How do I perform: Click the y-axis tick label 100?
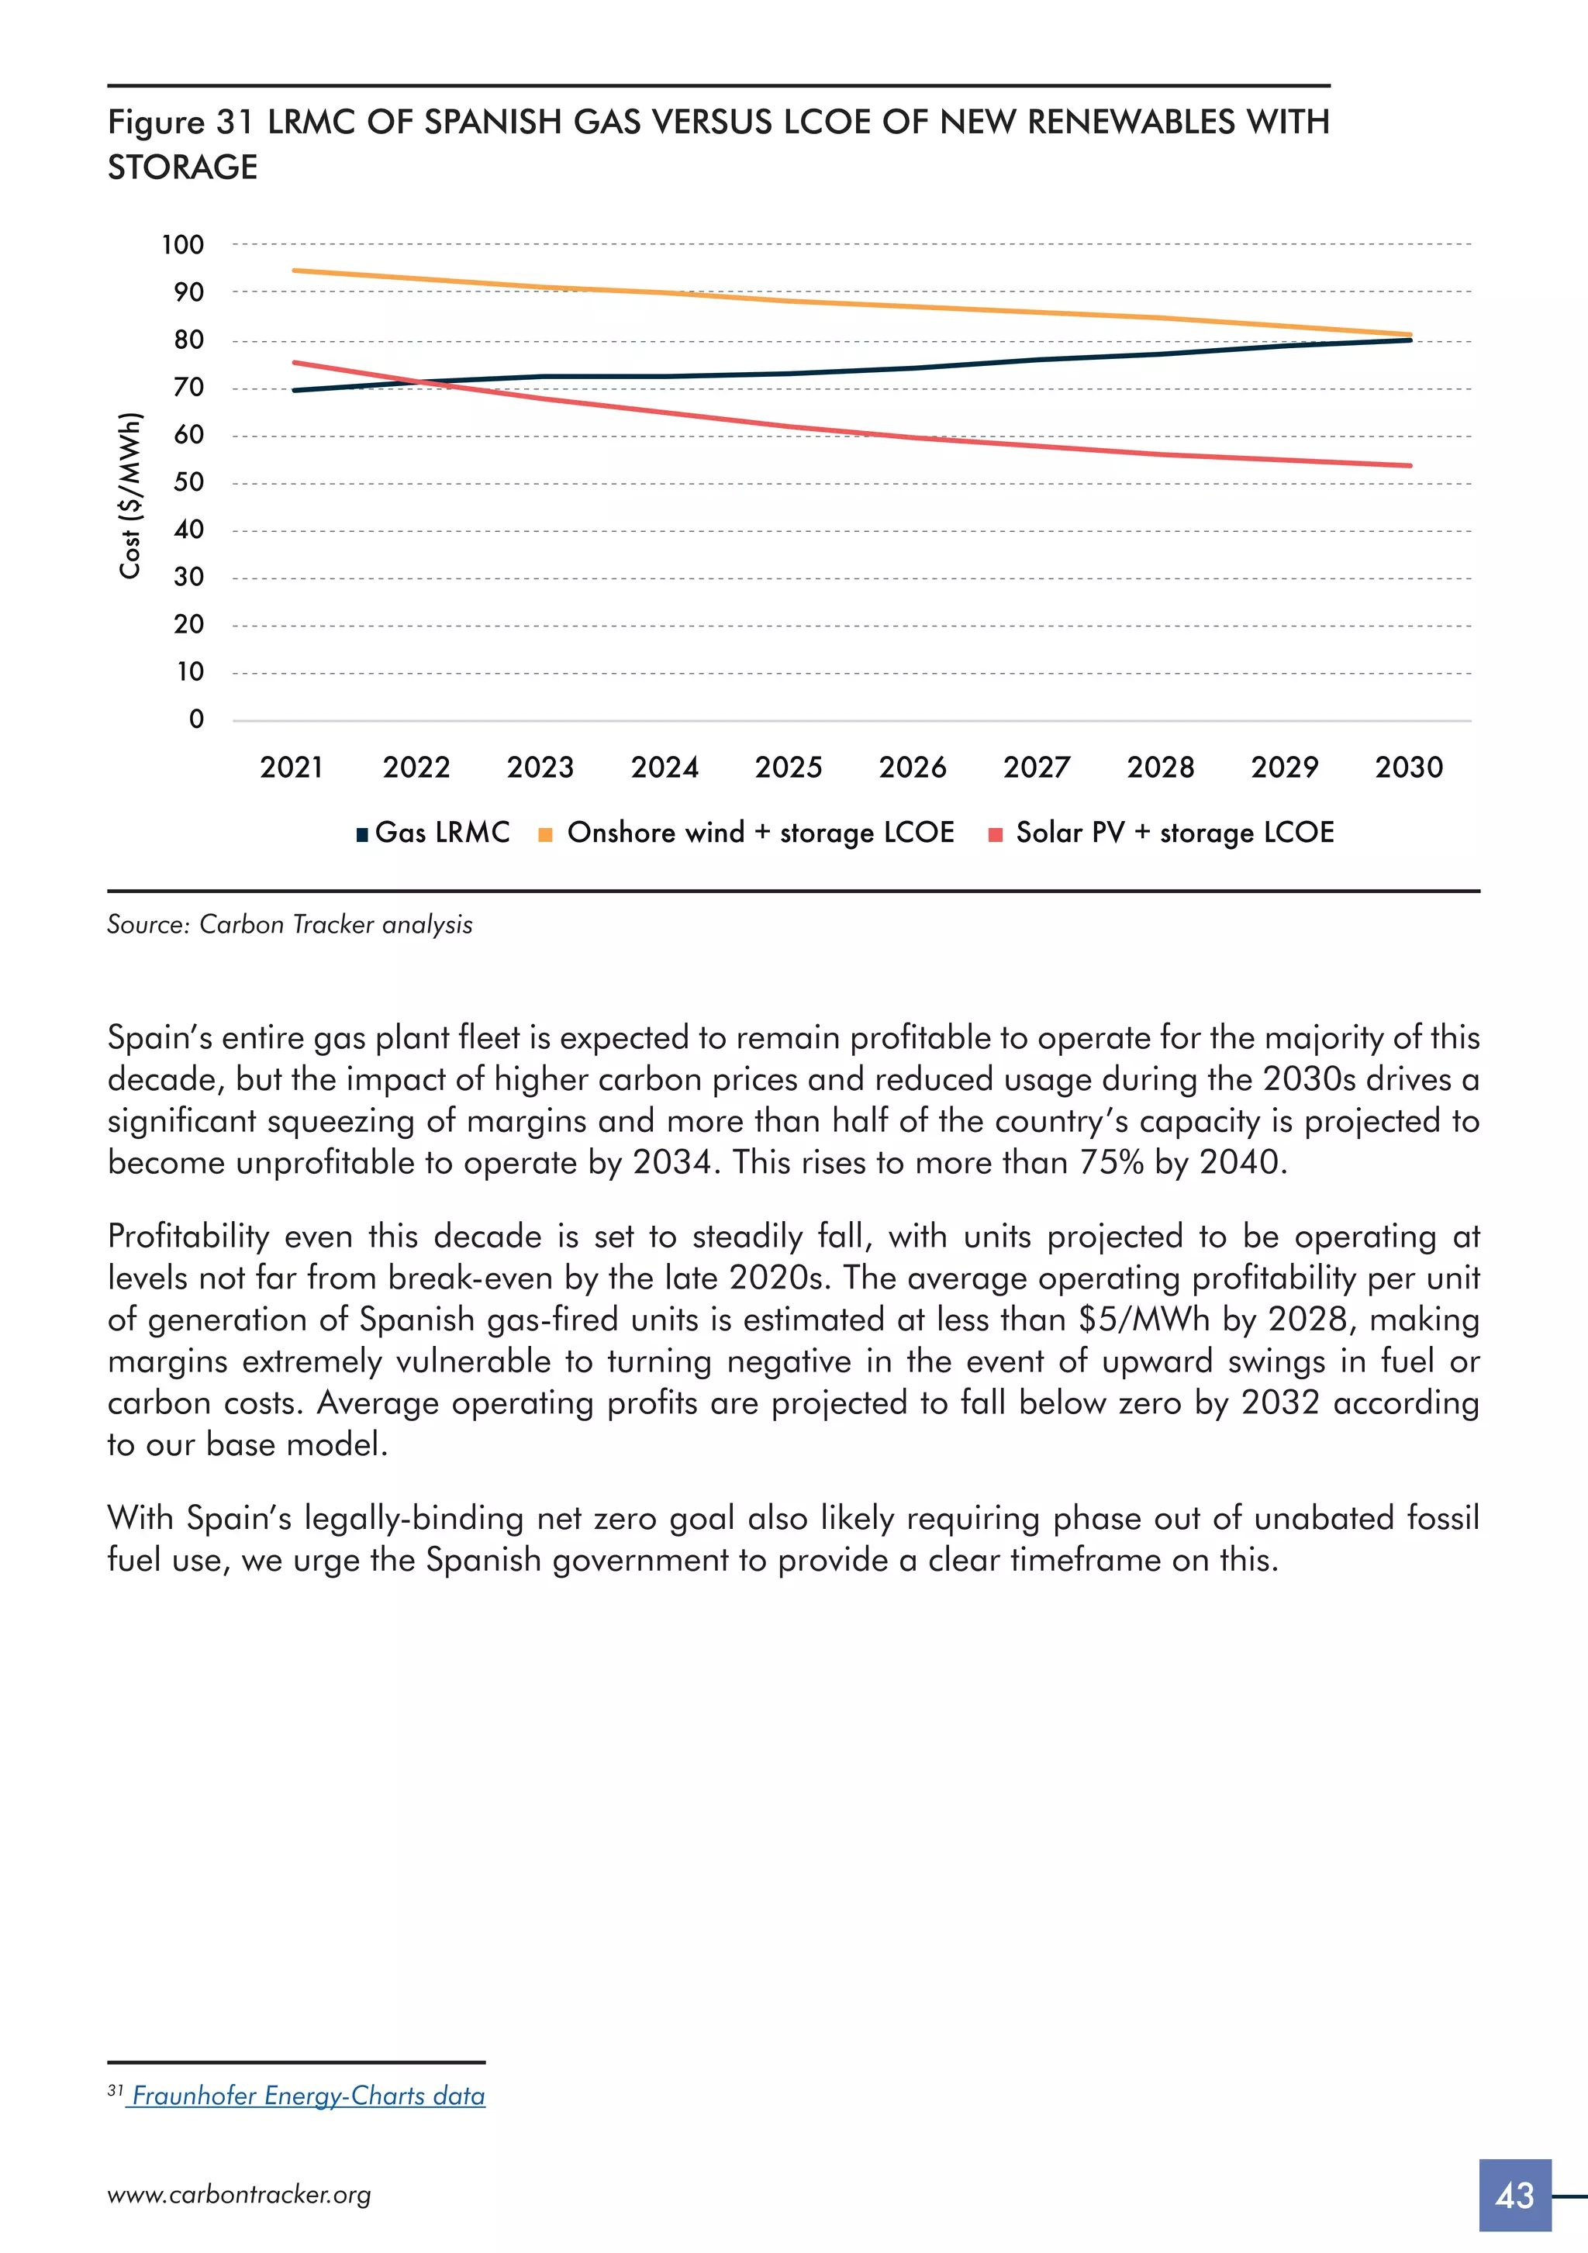tap(182, 244)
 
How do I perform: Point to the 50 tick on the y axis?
tap(188, 481)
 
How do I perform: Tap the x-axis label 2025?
tap(788, 768)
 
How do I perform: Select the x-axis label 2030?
tap(1408, 768)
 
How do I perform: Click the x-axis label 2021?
tap(292, 768)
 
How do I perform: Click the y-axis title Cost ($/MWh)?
tap(130, 495)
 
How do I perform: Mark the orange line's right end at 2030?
tap(1410, 335)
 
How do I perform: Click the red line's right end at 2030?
tap(1410, 465)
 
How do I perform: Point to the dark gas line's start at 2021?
tap(295, 391)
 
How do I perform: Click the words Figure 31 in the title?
tap(181, 122)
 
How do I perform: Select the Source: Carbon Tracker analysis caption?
tap(289, 924)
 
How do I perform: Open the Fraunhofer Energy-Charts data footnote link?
tap(308, 2095)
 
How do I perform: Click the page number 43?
tap(1514, 2195)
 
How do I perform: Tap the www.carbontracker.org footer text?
tap(240, 2195)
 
